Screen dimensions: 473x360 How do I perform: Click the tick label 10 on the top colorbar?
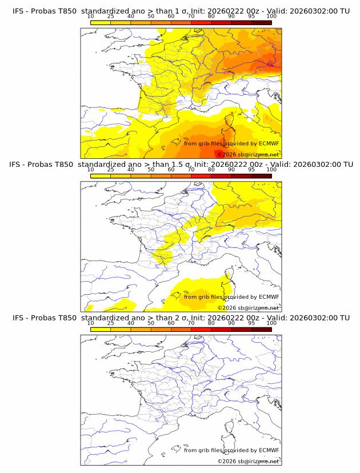pyautogui.click(x=90, y=17)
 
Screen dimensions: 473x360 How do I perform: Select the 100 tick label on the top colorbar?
pyautogui.click(x=271, y=17)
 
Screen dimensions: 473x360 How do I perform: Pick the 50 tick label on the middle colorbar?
pyautogui.click(x=151, y=170)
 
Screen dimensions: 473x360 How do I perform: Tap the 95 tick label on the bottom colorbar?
pyautogui.click(x=251, y=323)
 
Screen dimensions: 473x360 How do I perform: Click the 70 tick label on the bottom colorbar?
pyautogui.click(x=191, y=323)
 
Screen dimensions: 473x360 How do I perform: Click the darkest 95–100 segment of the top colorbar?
pyautogui.click(x=261, y=22)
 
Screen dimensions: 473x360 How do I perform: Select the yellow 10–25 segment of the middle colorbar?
pyautogui.click(x=100, y=175)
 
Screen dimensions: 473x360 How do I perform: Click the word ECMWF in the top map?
pyautogui.click(x=269, y=143)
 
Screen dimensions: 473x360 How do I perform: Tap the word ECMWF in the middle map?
pyautogui.click(x=269, y=296)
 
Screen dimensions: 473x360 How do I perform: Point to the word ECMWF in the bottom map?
pyautogui.click(x=269, y=450)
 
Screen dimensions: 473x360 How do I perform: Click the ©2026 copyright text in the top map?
pyautogui.click(x=227, y=154)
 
